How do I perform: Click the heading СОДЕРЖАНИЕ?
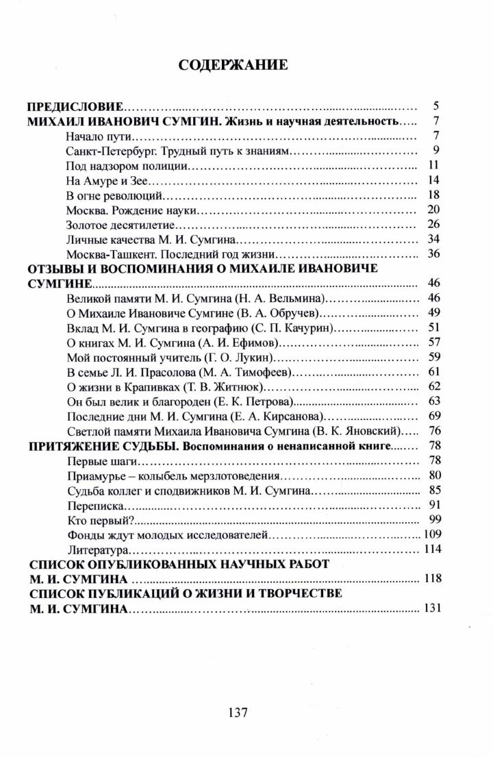click(x=233, y=65)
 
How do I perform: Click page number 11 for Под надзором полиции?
click(x=432, y=165)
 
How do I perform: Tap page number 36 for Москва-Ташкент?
click(x=432, y=254)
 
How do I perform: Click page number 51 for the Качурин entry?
click(x=432, y=328)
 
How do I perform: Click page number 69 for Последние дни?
click(x=432, y=417)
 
